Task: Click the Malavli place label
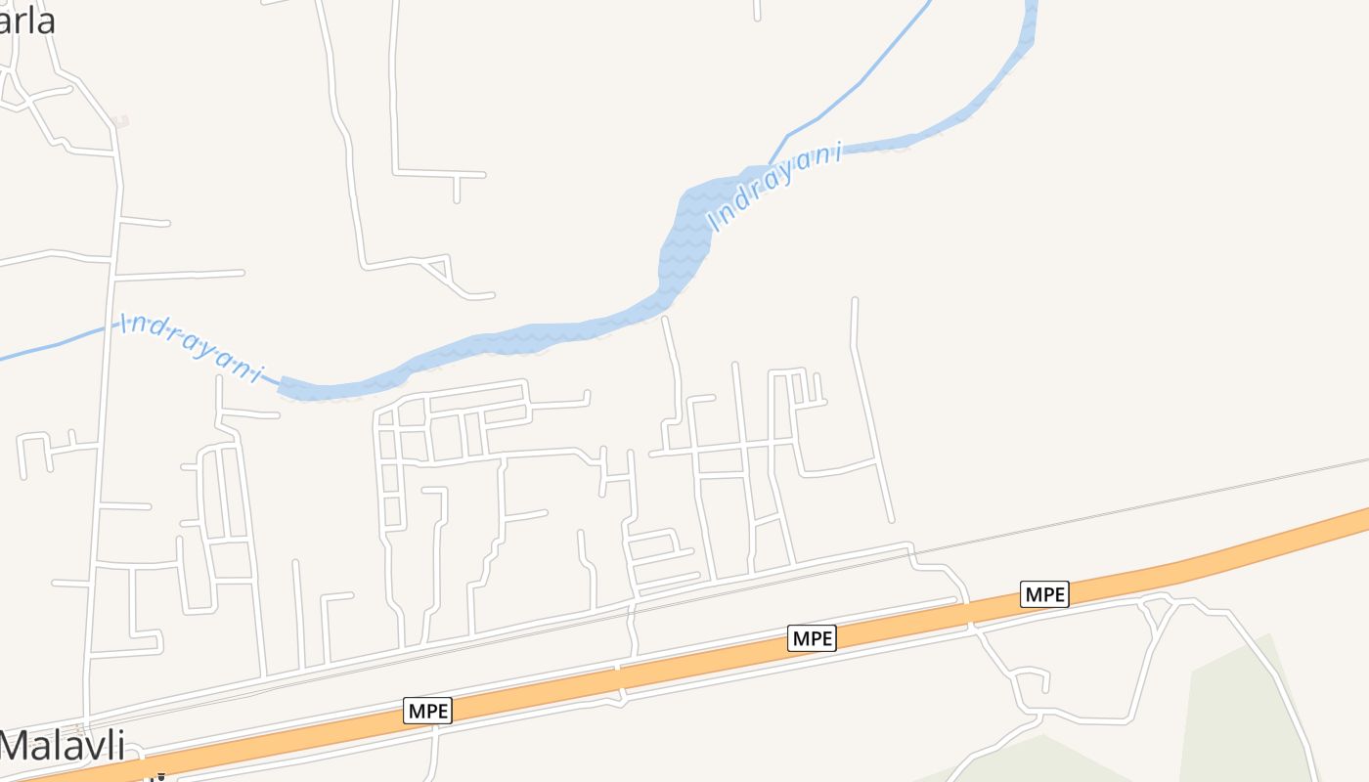tap(63, 746)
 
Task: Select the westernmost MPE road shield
tap(428, 711)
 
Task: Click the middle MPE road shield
tap(812, 638)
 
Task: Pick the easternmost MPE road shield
tap(1044, 593)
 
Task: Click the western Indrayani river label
tap(192, 348)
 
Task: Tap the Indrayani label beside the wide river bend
tap(775, 188)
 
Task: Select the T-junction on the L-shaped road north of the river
tap(457, 175)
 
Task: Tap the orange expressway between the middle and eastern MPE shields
tap(929, 617)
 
